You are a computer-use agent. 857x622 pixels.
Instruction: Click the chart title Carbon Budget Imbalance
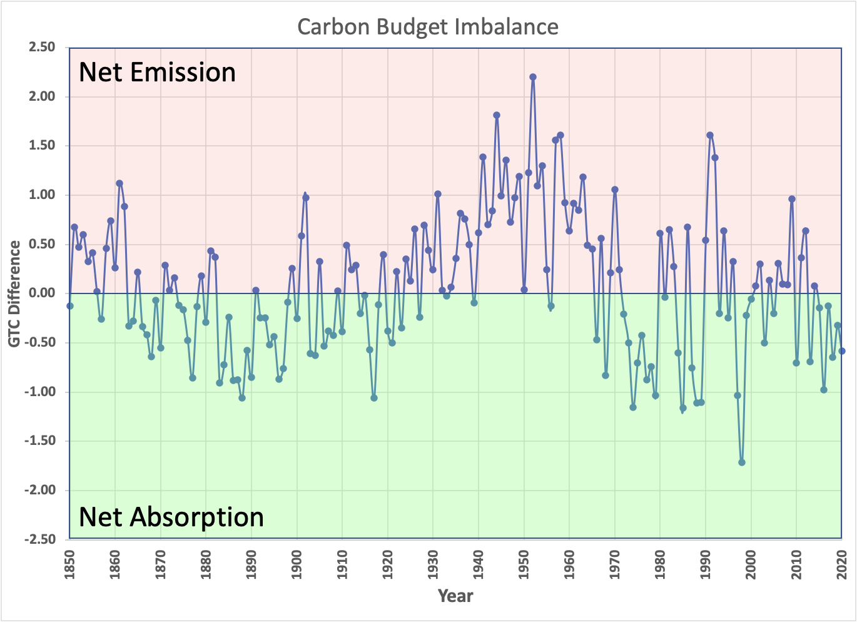pyautogui.click(x=428, y=27)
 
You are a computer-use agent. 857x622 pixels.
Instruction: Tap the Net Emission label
pyautogui.click(x=157, y=73)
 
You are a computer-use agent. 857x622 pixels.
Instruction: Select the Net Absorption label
pyautogui.click(x=171, y=517)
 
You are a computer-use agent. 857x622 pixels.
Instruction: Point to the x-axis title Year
pyautogui.click(x=455, y=596)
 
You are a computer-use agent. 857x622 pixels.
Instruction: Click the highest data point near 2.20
pyautogui.click(x=533, y=77)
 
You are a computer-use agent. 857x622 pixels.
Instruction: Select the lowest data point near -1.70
pyautogui.click(x=742, y=462)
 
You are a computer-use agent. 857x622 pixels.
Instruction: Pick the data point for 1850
pyautogui.click(x=70, y=306)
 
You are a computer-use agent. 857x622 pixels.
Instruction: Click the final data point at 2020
pyautogui.click(x=842, y=351)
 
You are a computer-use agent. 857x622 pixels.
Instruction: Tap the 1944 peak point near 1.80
pyautogui.click(x=497, y=115)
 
